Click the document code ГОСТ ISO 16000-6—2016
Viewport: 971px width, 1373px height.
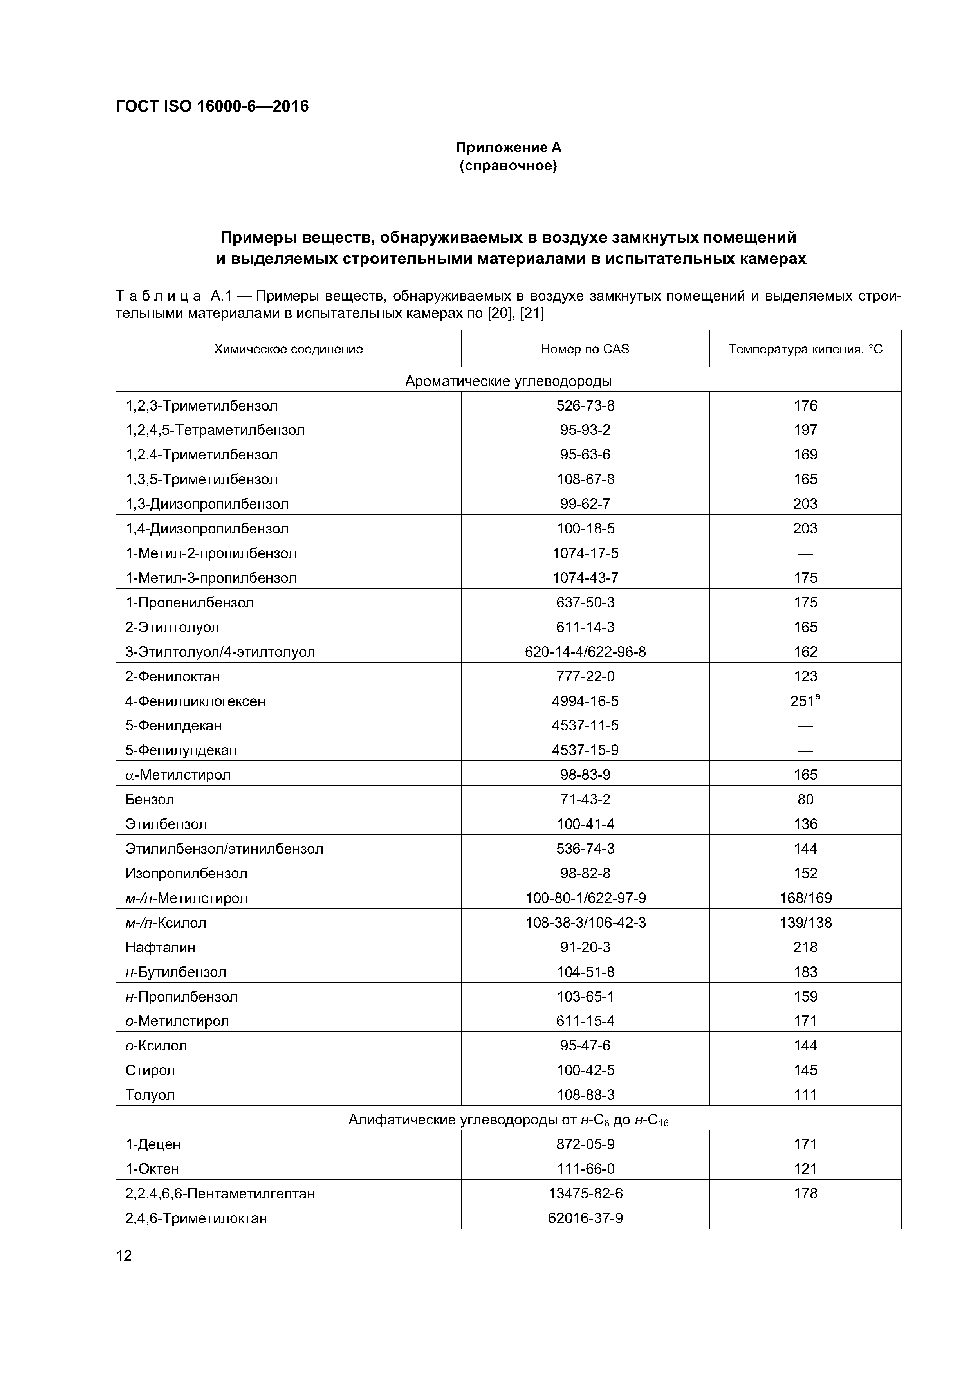tap(212, 106)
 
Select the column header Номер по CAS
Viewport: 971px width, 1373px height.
tap(585, 349)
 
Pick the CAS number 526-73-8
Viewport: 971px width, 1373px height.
tap(585, 405)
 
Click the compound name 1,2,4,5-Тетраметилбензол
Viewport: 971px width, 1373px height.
tap(215, 430)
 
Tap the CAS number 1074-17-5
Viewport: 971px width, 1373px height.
tap(585, 553)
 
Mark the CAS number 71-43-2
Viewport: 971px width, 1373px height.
tap(585, 800)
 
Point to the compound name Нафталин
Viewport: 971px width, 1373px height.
tap(161, 947)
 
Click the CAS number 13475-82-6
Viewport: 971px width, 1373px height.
tap(585, 1194)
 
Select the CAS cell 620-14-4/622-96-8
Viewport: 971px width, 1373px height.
tap(585, 652)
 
